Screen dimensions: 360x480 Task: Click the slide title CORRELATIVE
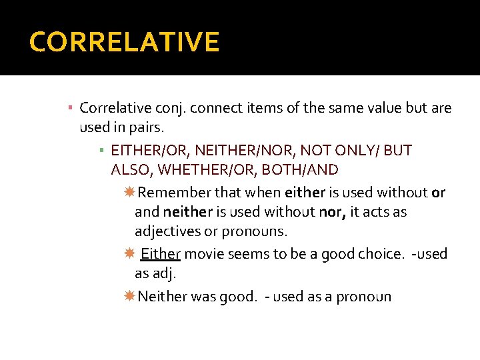click(x=124, y=42)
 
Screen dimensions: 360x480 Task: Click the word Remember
click(x=174, y=193)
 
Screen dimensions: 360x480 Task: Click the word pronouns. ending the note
click(x=259, y=231)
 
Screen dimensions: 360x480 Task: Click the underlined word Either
click(x=161, y=254)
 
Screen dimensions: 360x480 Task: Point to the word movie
click(x=204, y=254)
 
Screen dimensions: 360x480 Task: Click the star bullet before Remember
click(x=129, y=193)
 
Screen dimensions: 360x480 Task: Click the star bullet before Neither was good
click(x=129, y=296)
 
